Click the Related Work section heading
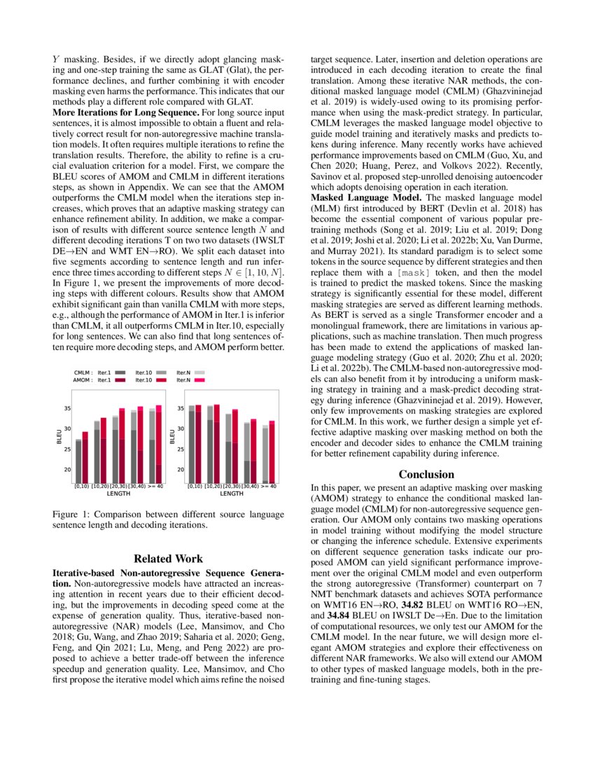pos(169,559)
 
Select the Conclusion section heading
pos(427,475)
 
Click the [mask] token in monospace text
pos(432,271)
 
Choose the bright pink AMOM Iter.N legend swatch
pos(199,379)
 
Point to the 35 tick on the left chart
pos(66,408)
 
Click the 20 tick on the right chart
pos(181,470)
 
